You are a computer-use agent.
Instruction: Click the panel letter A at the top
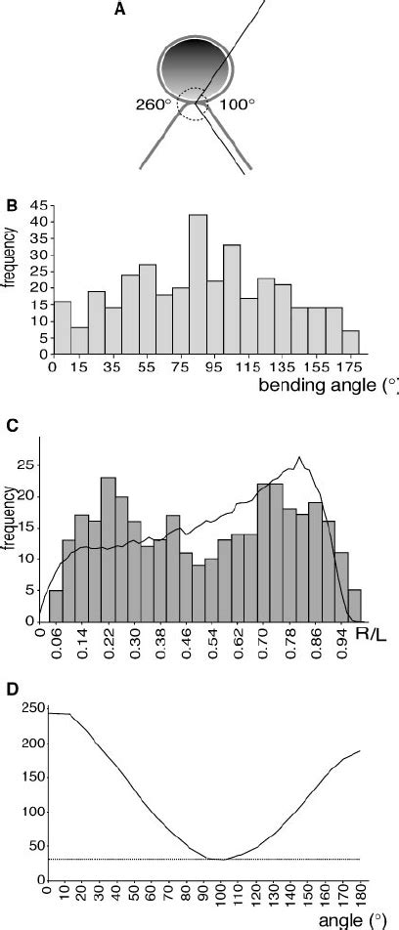pos(120,10)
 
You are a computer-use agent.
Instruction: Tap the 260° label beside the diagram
pos(155,103)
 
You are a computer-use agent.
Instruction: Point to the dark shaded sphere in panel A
pos(196,66)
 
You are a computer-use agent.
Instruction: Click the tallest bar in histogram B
pos(198,284)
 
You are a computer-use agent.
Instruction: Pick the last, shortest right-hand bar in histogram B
pos(350,342)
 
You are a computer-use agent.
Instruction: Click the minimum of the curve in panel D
pos(223,860)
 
